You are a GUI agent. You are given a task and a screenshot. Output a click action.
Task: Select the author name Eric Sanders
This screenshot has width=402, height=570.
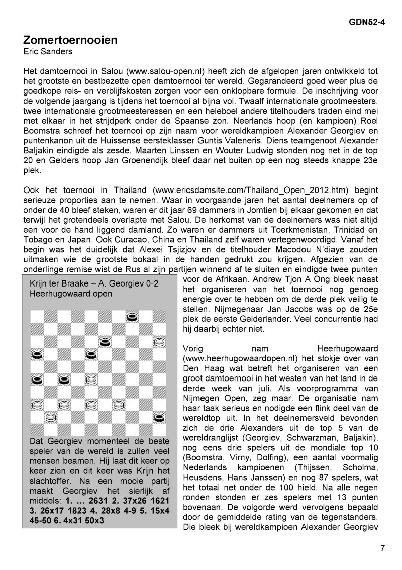click(x=48, y=51)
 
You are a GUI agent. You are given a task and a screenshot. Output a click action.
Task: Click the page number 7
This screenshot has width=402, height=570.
click(x=382, y=548)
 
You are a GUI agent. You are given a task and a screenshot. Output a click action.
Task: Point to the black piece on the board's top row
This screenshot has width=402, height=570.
click(x=132, y=317)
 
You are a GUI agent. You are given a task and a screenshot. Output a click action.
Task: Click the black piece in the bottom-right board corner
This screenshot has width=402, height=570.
click(x=159, y=417)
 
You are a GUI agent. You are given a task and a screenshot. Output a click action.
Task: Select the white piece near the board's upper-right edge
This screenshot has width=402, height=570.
click(x=159, y=342)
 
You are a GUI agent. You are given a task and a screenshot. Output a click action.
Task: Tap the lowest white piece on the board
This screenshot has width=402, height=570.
click(x=50, y=417)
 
